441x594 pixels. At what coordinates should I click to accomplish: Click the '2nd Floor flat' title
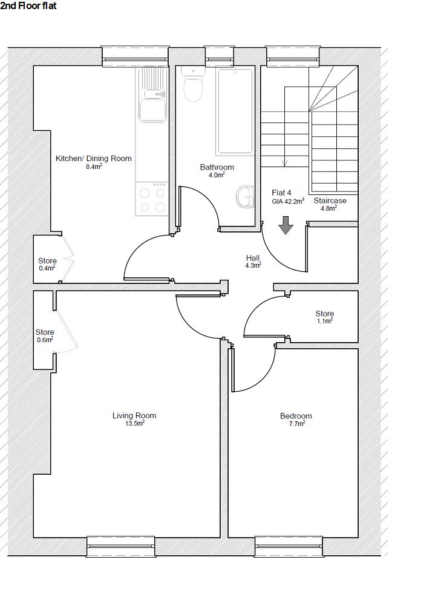click(x=28, y=6)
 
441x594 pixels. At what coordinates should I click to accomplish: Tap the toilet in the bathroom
click(x=193, y=88)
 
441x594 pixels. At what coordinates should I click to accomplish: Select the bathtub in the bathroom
click(x=235, y=111)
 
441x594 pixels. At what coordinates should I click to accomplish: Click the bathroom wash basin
click(x=245, y=197)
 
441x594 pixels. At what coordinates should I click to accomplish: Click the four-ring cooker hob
click(x=152, y=200)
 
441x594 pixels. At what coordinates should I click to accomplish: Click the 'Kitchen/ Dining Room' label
click(x=93, y=159)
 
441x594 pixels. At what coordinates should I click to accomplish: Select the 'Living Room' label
click(x=134, y=415)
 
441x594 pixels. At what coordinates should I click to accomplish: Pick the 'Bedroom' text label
click(x=296, y=416)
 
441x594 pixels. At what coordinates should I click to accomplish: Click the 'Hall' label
click(x=253, y=257)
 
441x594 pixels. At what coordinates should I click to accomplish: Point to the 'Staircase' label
click(x=330, y=200)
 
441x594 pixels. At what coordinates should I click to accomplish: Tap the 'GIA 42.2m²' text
click(x=287, y=202)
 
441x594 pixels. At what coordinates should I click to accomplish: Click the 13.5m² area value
click(x=134, y=423)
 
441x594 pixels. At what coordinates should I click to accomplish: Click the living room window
click(x=121, y=546)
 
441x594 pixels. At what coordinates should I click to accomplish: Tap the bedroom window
click(x=288, y=546)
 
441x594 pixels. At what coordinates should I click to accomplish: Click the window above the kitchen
click(x=134, y=56)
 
